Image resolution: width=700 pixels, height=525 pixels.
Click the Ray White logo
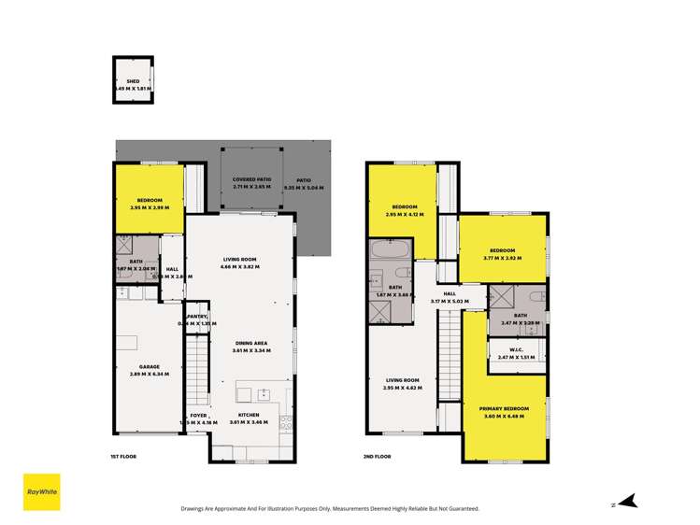tap(41, 492)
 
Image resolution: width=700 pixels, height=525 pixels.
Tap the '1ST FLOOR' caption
tap(124, 457)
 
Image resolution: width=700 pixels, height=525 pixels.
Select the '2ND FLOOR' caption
tap(378, 457)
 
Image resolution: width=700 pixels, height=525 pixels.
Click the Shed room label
tap(133, 82)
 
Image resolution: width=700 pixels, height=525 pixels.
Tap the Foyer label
tap(198, 416)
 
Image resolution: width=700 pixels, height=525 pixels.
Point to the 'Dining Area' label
tap(252, 342)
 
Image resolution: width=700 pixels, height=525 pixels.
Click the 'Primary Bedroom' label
tap(504, 409)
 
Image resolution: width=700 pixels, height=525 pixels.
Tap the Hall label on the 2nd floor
tap(450, 292)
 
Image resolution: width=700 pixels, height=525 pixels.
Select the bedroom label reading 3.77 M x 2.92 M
tap(502, 250)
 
